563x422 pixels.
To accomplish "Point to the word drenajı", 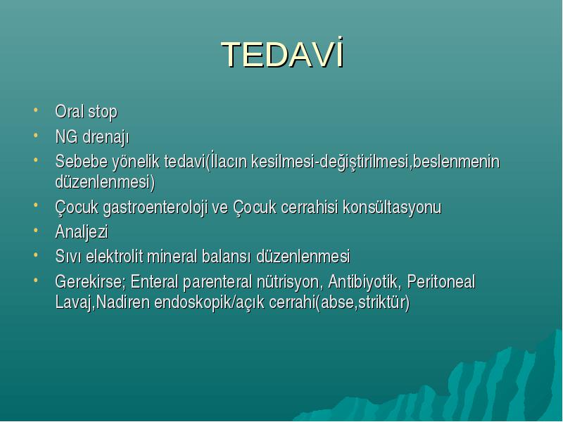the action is (106, 137).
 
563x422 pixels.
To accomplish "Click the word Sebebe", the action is (82, 161).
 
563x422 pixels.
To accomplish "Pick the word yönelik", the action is (136, 162).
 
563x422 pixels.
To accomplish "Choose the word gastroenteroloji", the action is (155, 207).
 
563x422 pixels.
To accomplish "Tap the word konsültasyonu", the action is (392, 207).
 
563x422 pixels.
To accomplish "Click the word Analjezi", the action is (82, 232).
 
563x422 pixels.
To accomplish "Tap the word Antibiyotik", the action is (362, 281).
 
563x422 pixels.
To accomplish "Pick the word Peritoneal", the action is (441, 281).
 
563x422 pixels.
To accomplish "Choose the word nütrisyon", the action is (287, 282).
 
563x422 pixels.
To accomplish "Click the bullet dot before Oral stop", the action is (36, 110).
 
